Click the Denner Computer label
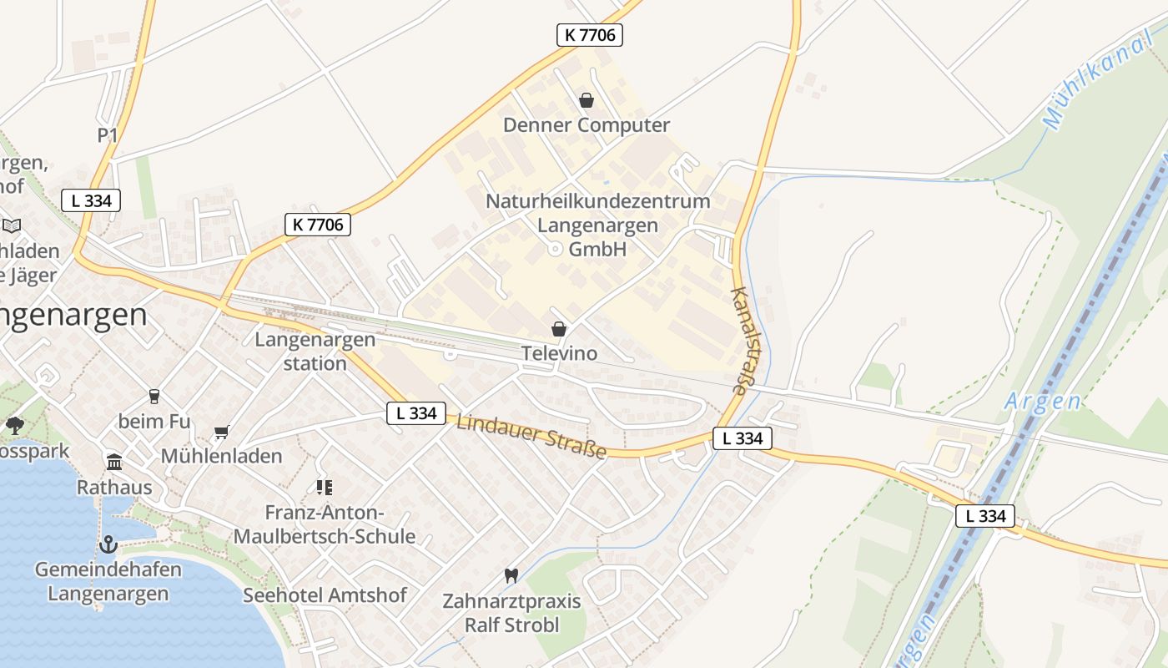click(586, 125)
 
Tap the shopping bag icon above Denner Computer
click(587, 100)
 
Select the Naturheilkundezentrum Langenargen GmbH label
click(597, 225)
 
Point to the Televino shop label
click(559, 353)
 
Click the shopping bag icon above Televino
click(559, 329)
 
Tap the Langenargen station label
click(315, 352)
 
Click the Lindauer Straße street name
click(531, 436)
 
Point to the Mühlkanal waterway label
click(1096, 83)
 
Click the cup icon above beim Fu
click(154, 396)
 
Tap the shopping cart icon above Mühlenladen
click(221, 432)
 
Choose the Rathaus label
click(114, 487)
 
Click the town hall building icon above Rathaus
click(114, 462)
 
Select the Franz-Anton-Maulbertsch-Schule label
click(324, 524)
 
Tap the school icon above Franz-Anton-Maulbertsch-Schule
click(324, 487)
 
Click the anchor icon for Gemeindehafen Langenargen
click(108, 544)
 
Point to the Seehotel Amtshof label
click(325, 595)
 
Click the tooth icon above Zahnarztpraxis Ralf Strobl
click(511, 575)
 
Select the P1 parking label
click(108, 135)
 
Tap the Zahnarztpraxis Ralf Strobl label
click(511, 613)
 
